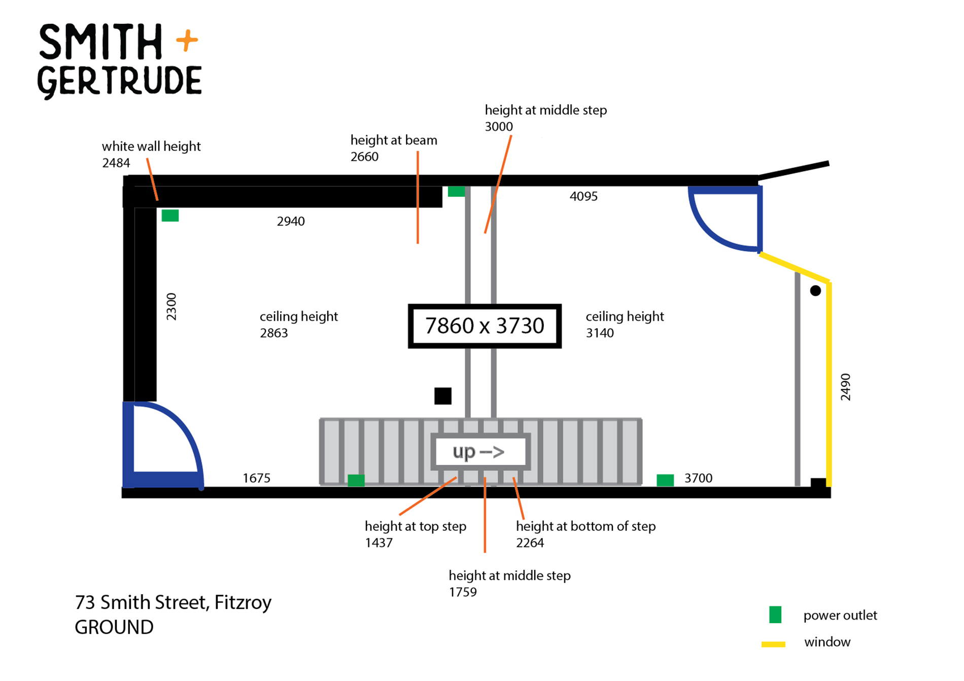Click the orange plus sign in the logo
tap(187, 41)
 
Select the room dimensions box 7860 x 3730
tap(485, 326)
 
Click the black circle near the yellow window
tap(815, 291)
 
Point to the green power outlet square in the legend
tap(775, 615)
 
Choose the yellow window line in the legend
tap(773, 644)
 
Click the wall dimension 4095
tap(583, 196)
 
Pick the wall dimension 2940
tap(291, 221)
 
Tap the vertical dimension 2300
tap(171, 307)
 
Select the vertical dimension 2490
tap(845, 387)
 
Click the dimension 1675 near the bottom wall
tap(256, 478)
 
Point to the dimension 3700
tap(698, 478)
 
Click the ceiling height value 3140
tap(600, 333)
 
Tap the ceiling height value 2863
tap(273, 333)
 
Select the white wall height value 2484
tap(116, 163)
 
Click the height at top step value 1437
tap(378, 542)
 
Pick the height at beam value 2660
tap(364, 156)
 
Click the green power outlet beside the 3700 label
tap(665, 480)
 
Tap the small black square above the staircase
tap(443, 396)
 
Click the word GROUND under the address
tap(114, 627)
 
